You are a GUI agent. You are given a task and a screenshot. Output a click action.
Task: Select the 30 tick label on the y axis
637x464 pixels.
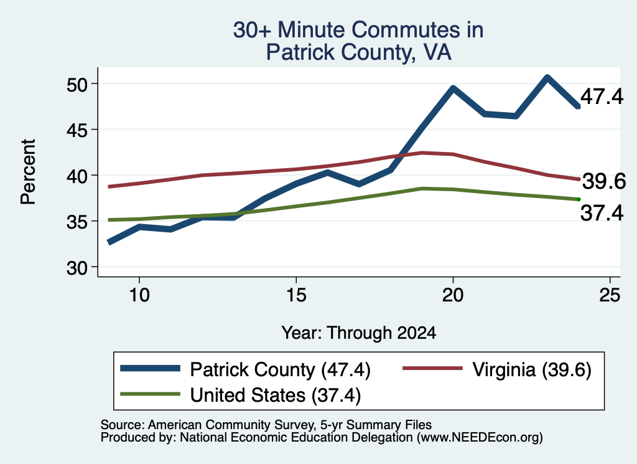(77, 268)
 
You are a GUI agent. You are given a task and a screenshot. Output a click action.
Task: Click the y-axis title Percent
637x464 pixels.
(29, 172)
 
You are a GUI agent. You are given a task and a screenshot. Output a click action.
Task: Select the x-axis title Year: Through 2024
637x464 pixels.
(359, 333)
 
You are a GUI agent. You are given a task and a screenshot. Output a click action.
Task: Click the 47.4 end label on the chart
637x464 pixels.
(602, 97)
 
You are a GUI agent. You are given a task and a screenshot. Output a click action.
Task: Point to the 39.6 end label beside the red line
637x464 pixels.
(604, 181)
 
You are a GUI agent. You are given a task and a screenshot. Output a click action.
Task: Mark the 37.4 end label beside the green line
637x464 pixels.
(602, 213)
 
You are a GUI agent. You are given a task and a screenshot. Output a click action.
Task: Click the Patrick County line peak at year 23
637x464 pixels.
(547, 77)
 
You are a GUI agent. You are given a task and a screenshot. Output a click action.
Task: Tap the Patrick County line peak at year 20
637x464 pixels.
(453, 88)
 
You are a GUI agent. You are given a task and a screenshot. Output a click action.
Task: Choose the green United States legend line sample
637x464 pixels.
(151, 394)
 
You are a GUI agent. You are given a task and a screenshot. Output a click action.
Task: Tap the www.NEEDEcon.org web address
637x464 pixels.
(480, 438)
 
